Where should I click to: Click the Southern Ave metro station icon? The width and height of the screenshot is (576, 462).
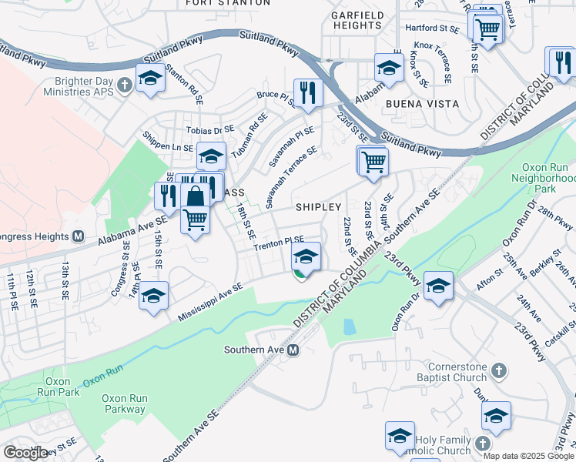click(293, 350)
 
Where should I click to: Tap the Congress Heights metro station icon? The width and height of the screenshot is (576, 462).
click(78, 237)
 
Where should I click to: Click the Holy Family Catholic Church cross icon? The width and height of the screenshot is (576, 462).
click(483, 444)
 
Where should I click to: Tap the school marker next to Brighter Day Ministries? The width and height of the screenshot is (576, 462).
click(150, 78)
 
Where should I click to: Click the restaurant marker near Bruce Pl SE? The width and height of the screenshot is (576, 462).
click(307, 93)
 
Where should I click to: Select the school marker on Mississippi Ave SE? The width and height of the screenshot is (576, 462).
click(154, 296)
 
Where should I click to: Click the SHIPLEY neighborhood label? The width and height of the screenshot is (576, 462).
click(318, 207)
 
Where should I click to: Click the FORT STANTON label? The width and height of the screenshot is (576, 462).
click(228, 3)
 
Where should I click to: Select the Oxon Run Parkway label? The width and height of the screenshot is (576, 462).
click(124, 403)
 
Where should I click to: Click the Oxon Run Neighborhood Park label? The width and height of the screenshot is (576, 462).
click(544, 176)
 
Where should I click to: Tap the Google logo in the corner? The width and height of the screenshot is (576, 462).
click(25, 453)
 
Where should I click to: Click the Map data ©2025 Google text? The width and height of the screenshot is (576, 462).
click(528, 456)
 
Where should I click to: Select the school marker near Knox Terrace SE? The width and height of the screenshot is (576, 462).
click(390, 68)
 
